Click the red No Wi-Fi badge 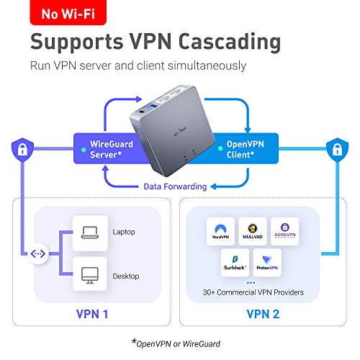pyautogui.click(x=61, y=13)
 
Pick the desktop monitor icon pyautogui.click(x=89, y=274)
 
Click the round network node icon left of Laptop pyautogui.click(x=37, y=254)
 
